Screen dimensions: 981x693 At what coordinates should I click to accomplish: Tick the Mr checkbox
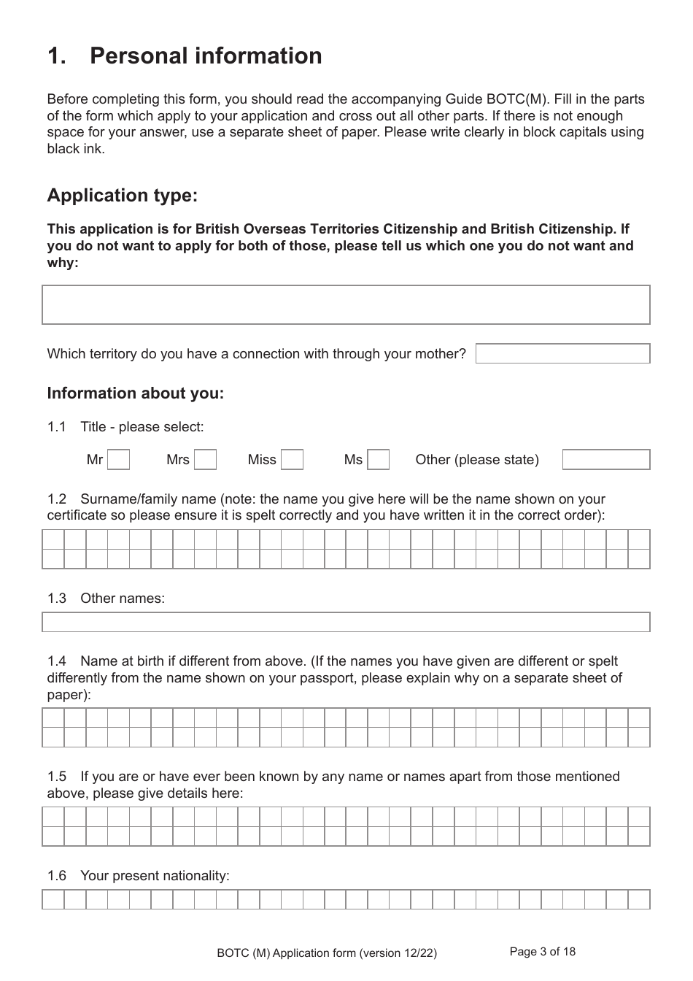click(x=118, y=460)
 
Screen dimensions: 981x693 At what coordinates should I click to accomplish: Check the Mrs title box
click(x=205, y=460)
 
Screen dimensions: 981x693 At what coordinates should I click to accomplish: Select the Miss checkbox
click(x=292, y=460)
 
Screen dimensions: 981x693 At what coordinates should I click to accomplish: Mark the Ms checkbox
click(x=378, y=460)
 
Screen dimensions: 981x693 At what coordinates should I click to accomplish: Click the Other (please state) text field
click(x=605, y=460)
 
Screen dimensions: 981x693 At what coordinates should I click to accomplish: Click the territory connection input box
click(x=562, y=354)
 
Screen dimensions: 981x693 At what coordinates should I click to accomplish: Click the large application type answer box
click(x=346, y=304)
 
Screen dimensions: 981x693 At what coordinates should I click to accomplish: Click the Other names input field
click(x=346, y=622)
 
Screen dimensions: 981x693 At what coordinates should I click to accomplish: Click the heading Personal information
click(x=205, y=56)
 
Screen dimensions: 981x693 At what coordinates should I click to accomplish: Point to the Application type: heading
click(x=122, y=196)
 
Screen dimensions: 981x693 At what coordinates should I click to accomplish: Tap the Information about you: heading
click(x=135, y=393)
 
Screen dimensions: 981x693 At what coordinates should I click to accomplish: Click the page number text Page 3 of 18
click(x=542, y=951)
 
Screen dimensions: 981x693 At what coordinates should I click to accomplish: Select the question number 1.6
click(x=56, y=876)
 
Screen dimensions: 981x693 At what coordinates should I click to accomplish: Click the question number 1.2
click(x=56, y=499)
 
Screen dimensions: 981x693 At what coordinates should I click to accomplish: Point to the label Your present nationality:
click(x=155, y=876)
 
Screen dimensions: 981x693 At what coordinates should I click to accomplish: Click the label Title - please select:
click(x=142, y=427)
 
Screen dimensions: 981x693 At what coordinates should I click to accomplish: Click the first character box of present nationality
click(x=53, y=899)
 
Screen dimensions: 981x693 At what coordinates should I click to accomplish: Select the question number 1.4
click(x=56, y=661)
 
